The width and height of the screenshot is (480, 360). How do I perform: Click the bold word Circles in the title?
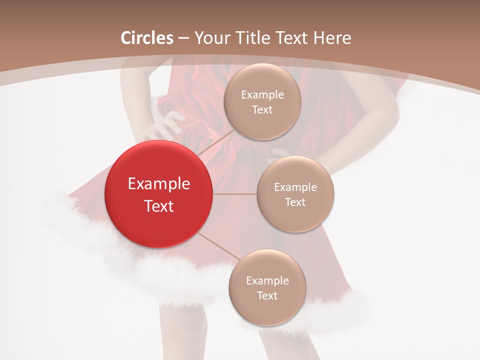(x=147, y=38)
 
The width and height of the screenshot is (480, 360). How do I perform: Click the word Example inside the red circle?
(x=158, y=184)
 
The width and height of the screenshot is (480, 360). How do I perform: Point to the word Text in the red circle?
(x=158, y=206)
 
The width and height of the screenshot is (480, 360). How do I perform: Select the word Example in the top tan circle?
(x=262, y=95)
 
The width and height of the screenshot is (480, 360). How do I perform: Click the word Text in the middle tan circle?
(x=295, y=202)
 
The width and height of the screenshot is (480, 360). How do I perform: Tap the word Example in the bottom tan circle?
(x=267, y=281)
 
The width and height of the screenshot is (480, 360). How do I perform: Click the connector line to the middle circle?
(x=235, y=194)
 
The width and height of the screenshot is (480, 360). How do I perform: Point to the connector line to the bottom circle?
(x=218, y=247)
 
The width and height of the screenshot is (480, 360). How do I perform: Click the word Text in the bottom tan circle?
(x=267, y=296)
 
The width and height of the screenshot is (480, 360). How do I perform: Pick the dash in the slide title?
(x=183, y=38)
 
